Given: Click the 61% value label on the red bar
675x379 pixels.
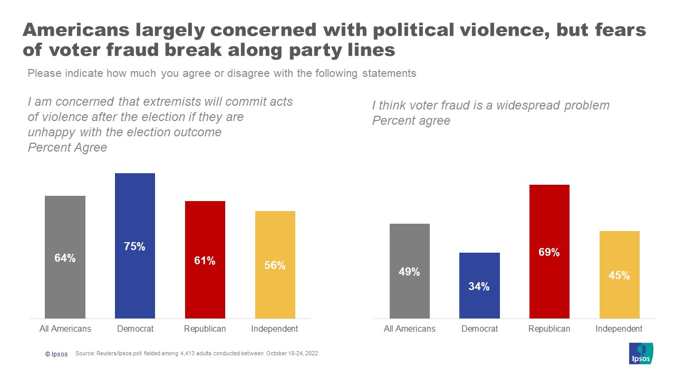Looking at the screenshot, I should pos(205,261).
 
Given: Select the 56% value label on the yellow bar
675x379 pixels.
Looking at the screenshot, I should pos(275,266).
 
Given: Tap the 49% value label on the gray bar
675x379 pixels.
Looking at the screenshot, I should pos(409,272).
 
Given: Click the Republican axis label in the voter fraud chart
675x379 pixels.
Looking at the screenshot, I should pos(549,329).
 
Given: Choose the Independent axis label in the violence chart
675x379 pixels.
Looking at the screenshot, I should pos(275,329).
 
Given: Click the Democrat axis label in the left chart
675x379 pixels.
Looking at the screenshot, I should pos(135,329).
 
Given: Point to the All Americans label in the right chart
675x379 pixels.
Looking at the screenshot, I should pos(410,329).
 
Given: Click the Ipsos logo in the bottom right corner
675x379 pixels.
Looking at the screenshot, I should pos(641,353).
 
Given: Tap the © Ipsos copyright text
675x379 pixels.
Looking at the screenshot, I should pos(56,354).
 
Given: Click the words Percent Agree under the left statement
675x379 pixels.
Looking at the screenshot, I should pos(67,147).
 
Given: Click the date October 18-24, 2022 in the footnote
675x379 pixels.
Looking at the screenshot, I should pos(292,354).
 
